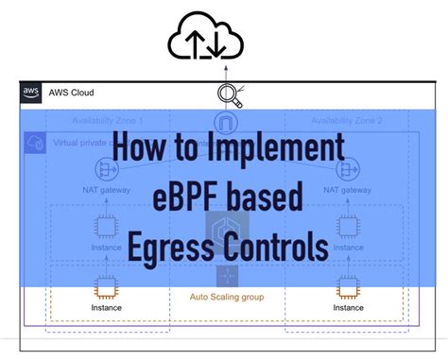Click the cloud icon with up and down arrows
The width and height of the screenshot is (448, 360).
[205, 38]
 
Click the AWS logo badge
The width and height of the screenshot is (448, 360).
[29, 94]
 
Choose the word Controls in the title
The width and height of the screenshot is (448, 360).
[269, 247]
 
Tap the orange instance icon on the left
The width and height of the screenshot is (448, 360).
[107, 286]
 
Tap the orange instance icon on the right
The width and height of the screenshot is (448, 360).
[347, 286]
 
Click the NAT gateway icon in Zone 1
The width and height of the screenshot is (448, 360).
[107, 170]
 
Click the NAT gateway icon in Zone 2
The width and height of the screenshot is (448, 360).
[347, 170]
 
